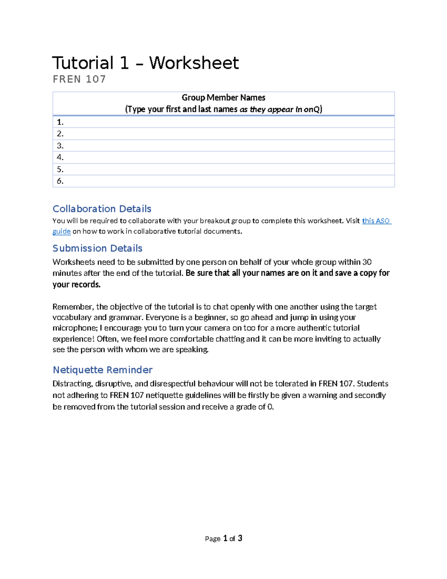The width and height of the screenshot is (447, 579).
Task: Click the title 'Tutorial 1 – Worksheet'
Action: click(145, 63)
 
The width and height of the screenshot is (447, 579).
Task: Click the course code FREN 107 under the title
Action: click(79, 79)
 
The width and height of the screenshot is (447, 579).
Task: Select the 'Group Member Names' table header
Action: click(223, 98)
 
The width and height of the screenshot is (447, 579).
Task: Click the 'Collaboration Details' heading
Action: click(102, 209)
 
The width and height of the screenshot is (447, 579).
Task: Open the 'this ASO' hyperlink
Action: click(376, 221)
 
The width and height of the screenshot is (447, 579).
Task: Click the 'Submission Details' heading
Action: click(97, 248)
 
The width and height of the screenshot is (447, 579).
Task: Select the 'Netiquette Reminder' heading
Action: click(102, 370)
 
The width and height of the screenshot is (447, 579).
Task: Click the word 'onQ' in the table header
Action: click(312, 109)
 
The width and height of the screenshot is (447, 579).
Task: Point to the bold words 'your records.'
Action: click(76, 284)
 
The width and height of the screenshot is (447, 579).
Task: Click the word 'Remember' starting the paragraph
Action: click(73, 307)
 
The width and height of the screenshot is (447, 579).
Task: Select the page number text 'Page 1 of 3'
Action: click(223, 538)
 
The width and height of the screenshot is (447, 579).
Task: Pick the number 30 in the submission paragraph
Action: click(367, 262)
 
